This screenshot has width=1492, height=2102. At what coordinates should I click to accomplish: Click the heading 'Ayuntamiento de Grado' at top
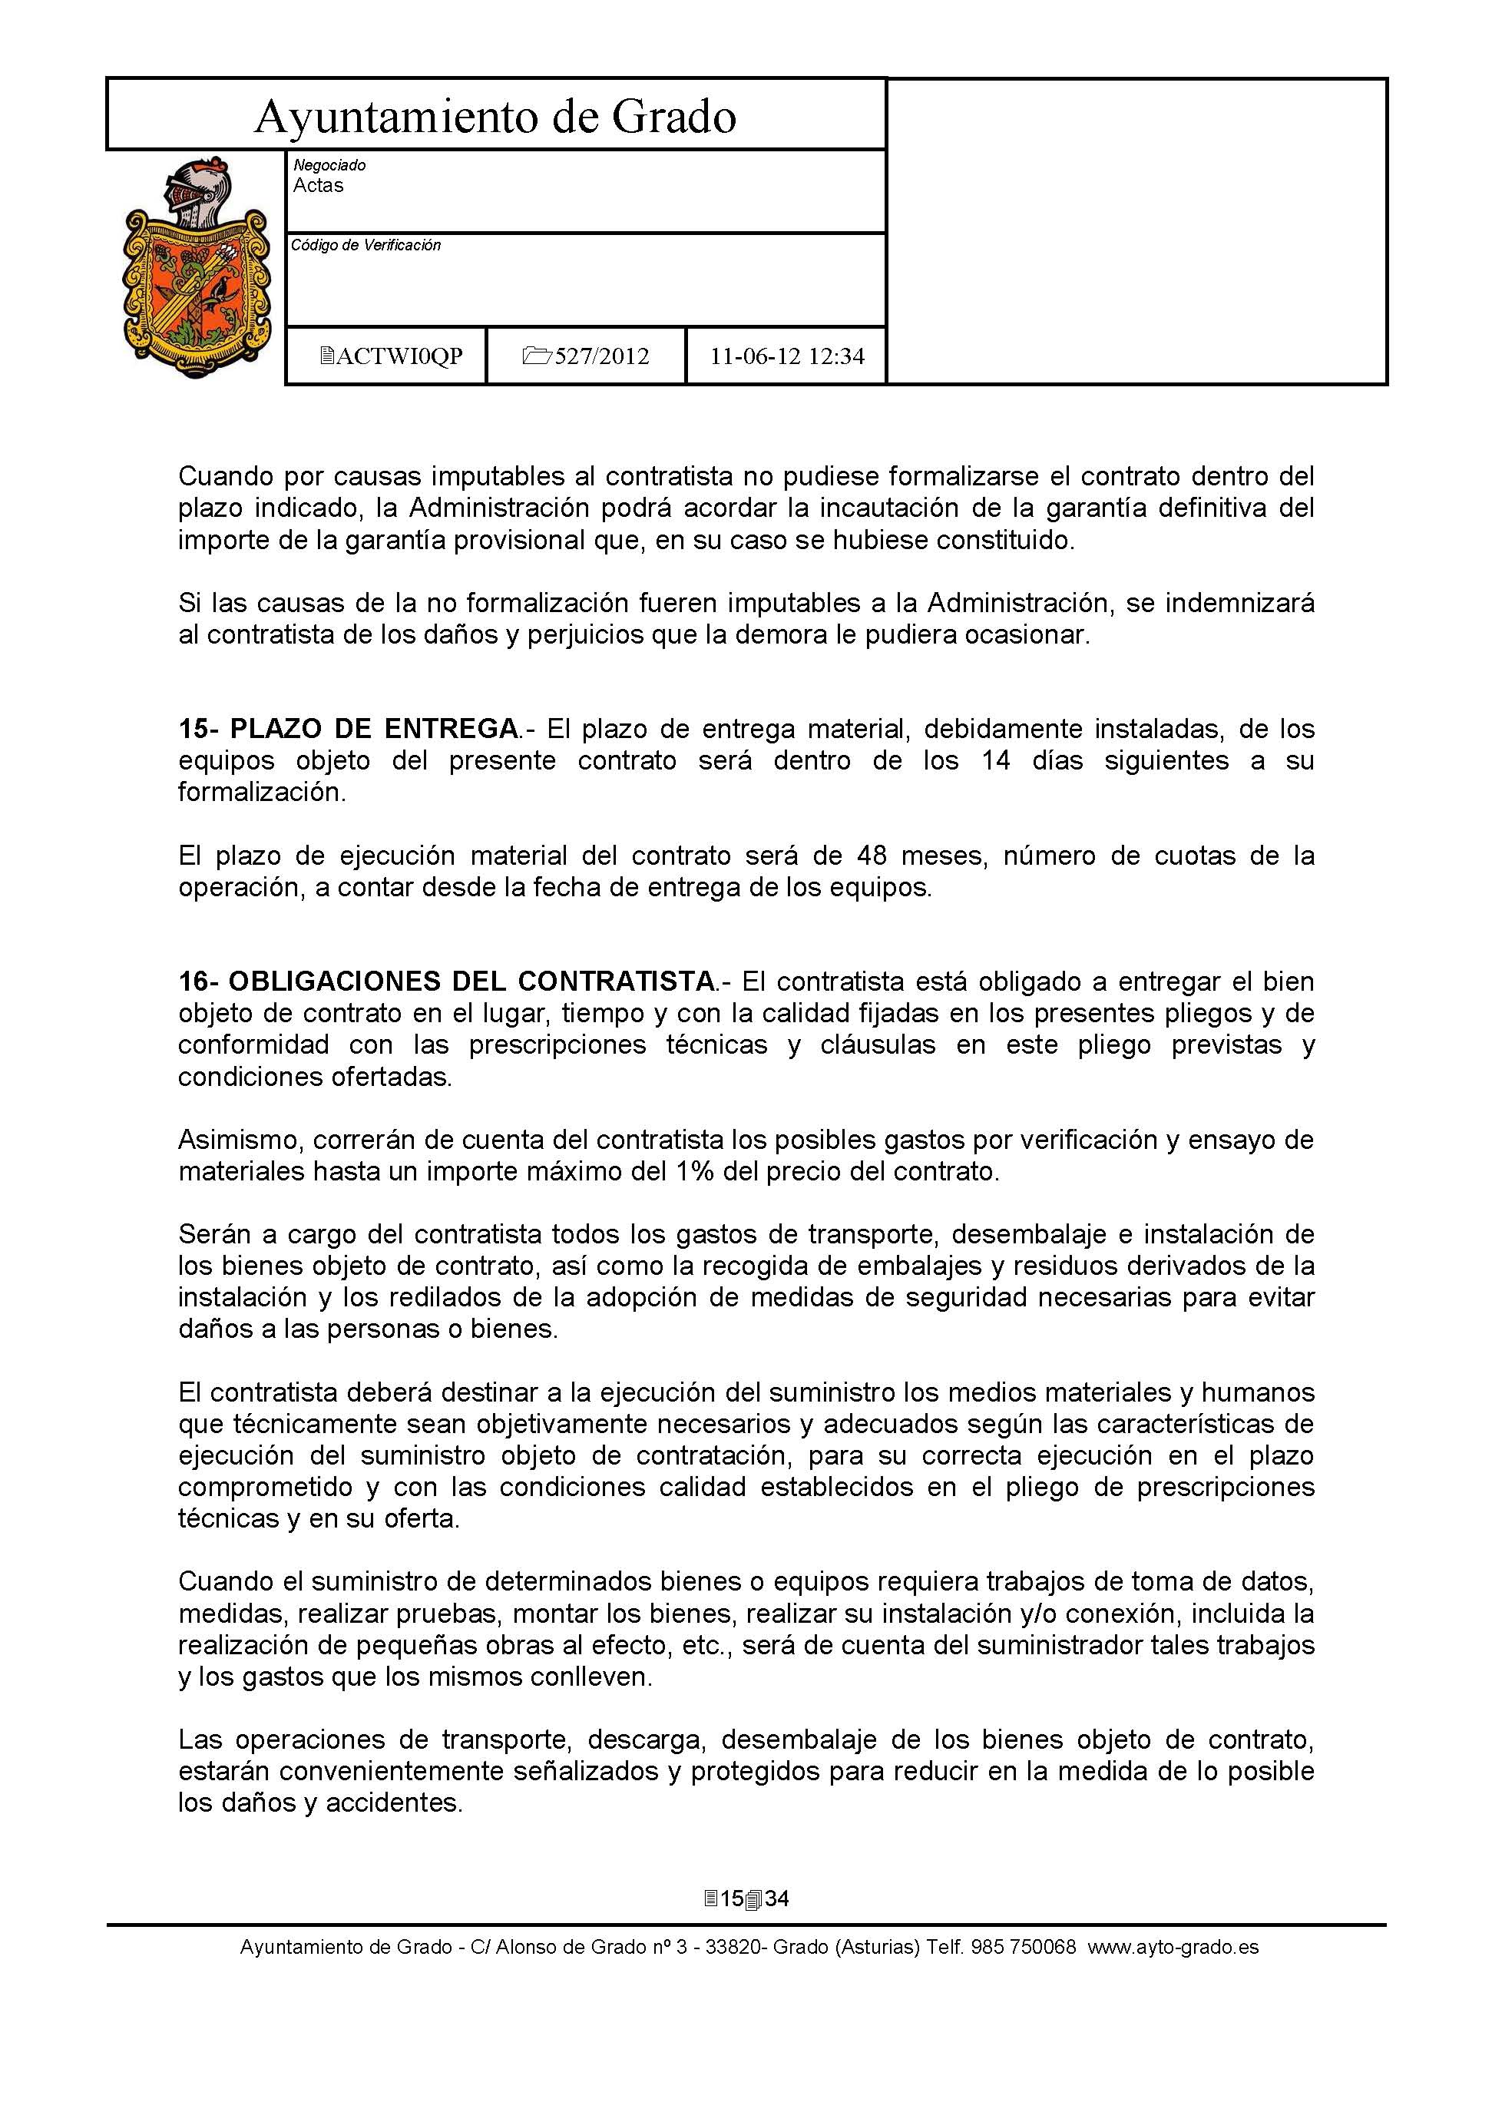pos(495,117)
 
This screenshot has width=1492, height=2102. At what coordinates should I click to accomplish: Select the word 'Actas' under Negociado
pos(318,186)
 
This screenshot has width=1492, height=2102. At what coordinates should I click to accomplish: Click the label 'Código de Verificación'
pos(366,245)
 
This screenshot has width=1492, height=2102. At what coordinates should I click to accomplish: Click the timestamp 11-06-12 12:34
pos(787,356)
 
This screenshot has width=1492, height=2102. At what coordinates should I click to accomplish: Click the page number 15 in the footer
pos(733,1899)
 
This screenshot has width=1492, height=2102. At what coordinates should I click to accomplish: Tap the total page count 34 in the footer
pos(777,1899)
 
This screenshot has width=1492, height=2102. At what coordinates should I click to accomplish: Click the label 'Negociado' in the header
pos(329,165)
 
